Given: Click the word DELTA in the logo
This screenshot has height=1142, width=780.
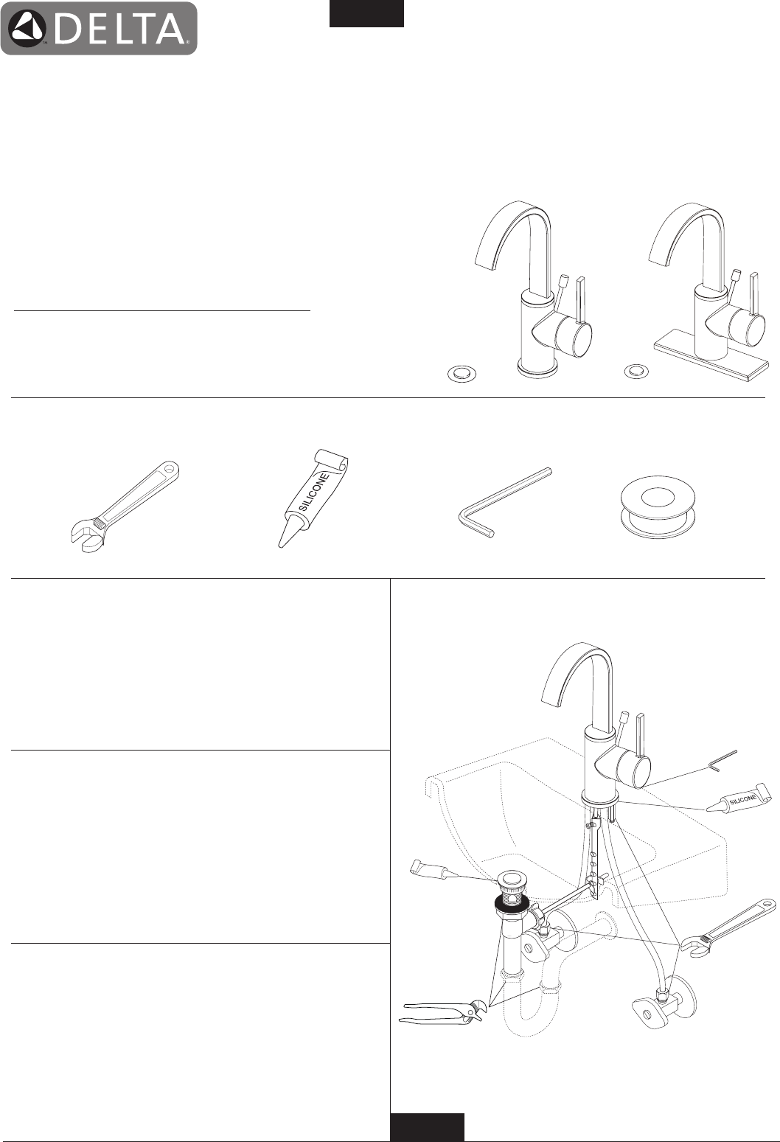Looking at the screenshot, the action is click(x=119, y=29).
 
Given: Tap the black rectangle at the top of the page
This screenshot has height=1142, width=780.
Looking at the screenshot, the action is click(x=366, y=13).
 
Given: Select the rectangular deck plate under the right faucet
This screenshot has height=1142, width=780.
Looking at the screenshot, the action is click(x=711, y=359).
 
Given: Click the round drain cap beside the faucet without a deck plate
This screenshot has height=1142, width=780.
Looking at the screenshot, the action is click(x=462, y=374).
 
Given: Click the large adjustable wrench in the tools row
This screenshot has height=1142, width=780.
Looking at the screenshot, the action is click(x=125, y=506).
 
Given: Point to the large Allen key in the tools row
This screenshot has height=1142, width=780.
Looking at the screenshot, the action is click(x=505, y=501).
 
